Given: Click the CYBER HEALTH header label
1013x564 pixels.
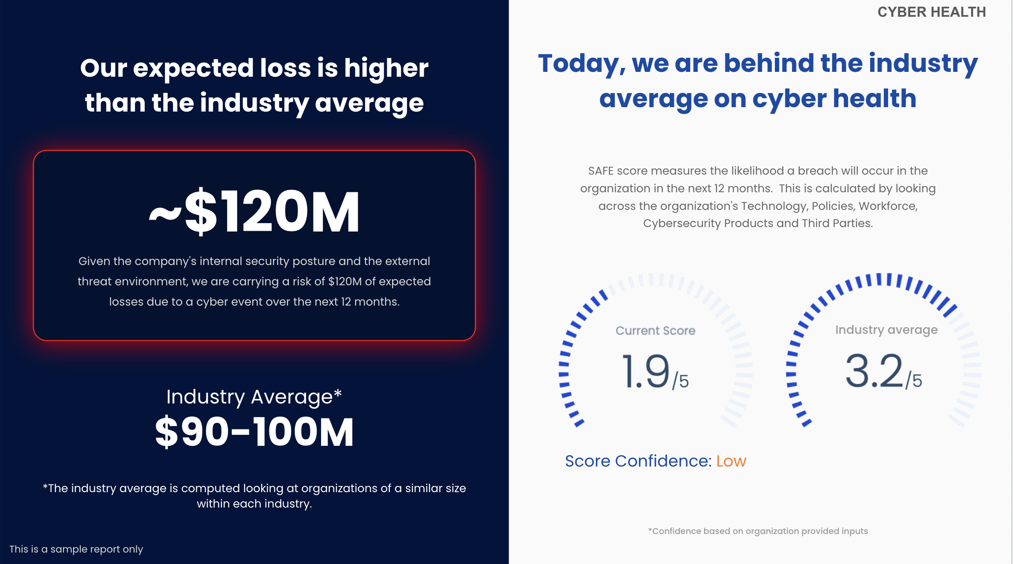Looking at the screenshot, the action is (931, 12).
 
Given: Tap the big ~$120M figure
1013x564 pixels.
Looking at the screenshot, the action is (254, 211).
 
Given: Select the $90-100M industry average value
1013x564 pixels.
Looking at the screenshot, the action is (254, 432).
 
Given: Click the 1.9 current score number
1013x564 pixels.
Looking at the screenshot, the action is (646, 371).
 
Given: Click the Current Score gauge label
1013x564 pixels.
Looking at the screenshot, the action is (655, 331).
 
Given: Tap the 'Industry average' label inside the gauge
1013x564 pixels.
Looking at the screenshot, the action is (886, 330).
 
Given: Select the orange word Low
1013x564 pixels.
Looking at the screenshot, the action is (731, 461).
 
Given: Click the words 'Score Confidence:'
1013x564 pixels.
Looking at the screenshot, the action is (638, 461).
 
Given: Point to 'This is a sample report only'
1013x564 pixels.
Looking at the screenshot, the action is (76, 549).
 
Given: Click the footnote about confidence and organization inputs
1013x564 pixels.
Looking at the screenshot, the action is (758, 531).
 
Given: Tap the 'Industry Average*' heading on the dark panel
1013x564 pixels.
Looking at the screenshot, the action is (254, 397).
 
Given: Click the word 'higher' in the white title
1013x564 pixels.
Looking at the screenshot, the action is (386, 68).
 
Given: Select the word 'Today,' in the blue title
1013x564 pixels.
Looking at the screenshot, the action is (582, 64).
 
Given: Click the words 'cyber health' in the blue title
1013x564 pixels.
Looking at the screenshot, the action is (834, 99).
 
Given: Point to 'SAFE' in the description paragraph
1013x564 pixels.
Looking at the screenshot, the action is (601, 171).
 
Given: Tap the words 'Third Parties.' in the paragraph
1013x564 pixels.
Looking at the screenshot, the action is (837, 223).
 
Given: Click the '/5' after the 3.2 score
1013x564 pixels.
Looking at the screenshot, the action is (914, 381).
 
